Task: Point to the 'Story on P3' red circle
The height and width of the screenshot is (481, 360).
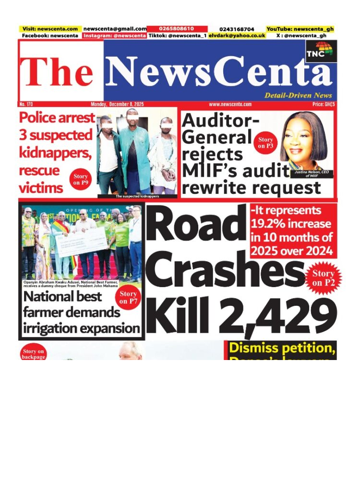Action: point(265,143)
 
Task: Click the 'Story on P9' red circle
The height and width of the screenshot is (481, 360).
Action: point(81,180)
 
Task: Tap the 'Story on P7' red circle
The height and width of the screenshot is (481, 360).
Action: point(128,297)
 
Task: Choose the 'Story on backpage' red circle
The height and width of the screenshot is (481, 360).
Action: point(34,354)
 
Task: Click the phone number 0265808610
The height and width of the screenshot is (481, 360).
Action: point(177,29)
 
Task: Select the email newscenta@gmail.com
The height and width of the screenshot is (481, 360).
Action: point(115,29)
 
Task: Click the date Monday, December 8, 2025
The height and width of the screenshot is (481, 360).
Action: point(117,104)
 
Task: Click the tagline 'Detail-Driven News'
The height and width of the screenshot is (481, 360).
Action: point(298,96)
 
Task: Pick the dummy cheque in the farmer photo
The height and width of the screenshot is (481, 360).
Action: point(81,243)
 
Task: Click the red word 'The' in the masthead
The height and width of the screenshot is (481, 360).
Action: point(58,73)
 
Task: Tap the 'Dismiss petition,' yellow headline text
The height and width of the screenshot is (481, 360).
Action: point(282,348)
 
